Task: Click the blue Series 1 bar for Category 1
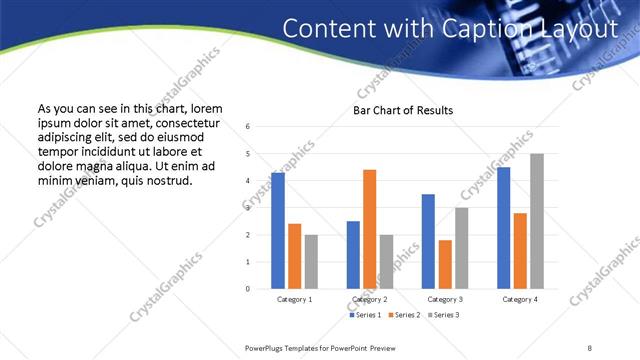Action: [278, 231]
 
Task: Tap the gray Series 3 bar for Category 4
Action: [537, 221]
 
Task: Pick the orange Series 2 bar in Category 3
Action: [445, 264]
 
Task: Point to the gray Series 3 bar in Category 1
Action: [311, 262]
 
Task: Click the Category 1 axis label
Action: [294, 299]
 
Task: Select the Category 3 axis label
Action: [445, 299]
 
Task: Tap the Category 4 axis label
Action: [520, 299]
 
